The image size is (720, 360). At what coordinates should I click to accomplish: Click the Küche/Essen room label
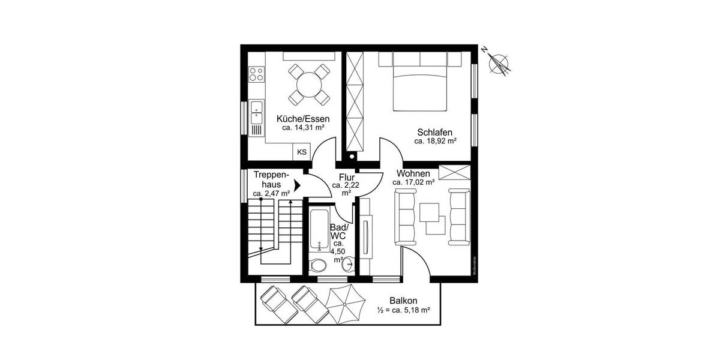tap(302, 118)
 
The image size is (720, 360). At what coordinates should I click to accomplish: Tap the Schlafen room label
tap(434, 132)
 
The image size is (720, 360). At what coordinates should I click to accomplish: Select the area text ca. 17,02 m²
tap(414, 182)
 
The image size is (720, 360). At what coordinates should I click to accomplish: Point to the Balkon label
tap(403, 301)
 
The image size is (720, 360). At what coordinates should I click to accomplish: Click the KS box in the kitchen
tap(301, 152)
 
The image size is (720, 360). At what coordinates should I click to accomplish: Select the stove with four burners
tap(257, 74)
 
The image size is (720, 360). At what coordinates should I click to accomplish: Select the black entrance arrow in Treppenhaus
tap(296, 187)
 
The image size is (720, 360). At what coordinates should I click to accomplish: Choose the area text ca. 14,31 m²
tap(303, 128)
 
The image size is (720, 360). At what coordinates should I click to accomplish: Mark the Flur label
tap(347, 178)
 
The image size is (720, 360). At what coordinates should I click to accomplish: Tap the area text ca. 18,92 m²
tap(435, 142)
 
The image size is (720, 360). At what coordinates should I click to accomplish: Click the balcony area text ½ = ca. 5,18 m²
tap(404, 310)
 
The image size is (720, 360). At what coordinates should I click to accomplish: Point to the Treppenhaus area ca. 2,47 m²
tap(271, 193)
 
